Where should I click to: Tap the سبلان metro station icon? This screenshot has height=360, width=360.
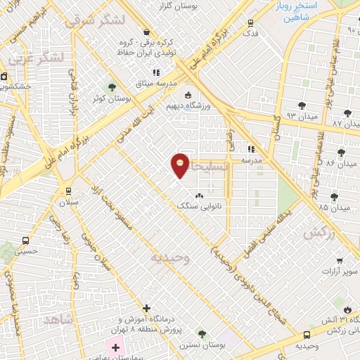(68, 191)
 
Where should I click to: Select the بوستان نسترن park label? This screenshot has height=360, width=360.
(200, 344)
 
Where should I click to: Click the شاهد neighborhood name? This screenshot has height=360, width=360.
(58, 319)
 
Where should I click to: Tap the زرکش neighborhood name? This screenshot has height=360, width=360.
(317, 233)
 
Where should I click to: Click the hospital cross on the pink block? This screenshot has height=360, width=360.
(115, 347)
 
